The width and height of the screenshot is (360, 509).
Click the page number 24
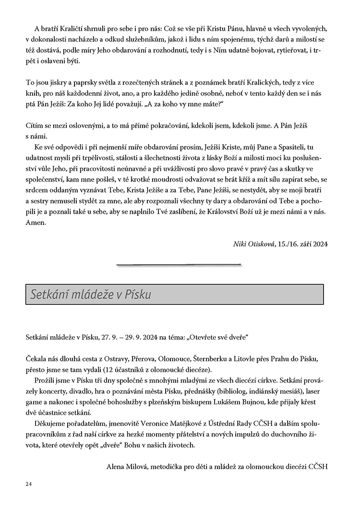[x=28, y=484]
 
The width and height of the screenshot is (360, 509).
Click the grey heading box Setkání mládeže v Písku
[x=174, y=294]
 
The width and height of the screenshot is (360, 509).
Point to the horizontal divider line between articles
[x=179, y=264]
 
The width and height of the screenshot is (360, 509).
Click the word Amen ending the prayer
[x=35, y=223]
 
